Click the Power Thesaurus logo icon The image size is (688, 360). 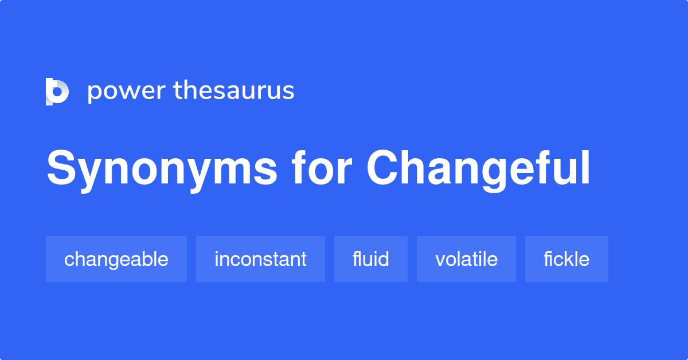(57, 91)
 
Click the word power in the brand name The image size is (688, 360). (126, 91)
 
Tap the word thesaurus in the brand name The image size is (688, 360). (234, 91)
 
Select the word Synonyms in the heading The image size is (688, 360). (162, 169)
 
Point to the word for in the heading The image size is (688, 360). (321, 169)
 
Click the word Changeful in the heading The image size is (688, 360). (478, 169)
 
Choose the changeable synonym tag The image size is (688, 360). (116, 259)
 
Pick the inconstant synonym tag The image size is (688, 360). (260, 259)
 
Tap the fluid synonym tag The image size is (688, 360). (371, 259)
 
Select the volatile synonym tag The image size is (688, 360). (466, 259)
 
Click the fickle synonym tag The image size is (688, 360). (566, 259)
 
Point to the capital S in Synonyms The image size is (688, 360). (61, 169)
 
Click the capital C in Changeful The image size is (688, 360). (382, 169)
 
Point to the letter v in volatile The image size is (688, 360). (440, 261)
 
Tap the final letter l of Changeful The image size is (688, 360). (586, 169)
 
